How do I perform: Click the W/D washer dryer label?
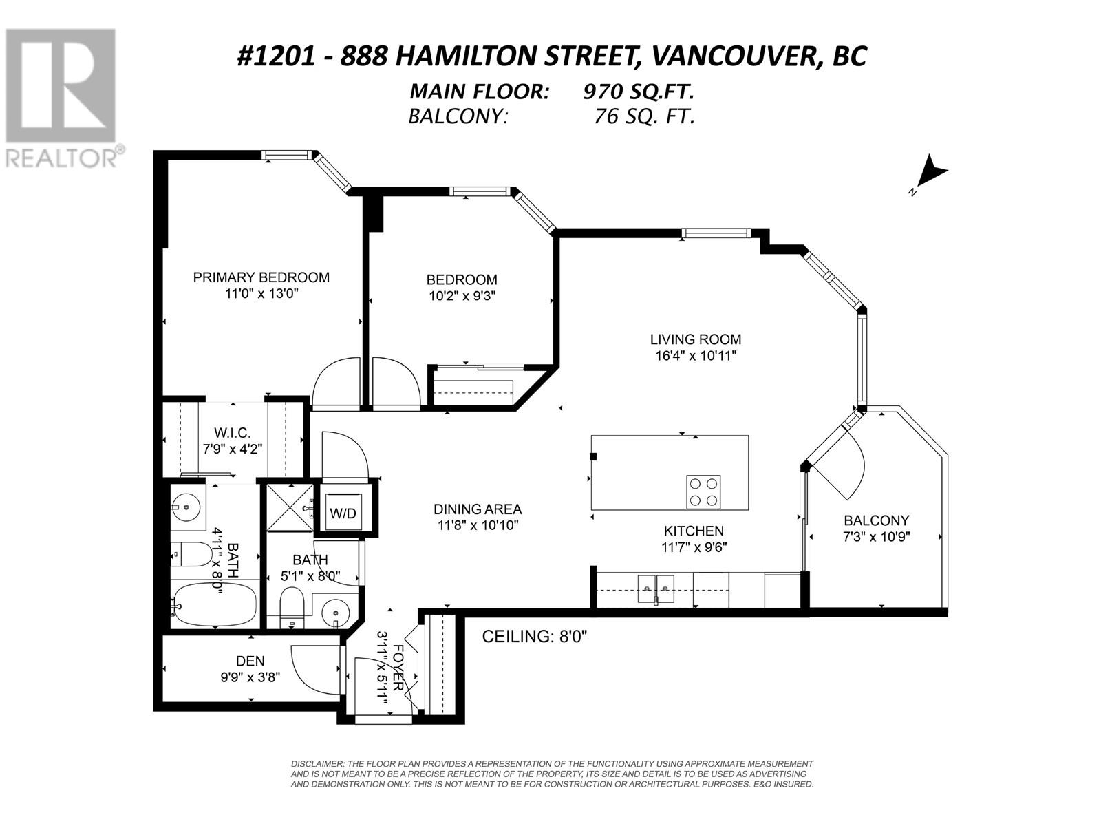[343, 513]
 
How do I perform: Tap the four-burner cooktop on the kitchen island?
[703, 492]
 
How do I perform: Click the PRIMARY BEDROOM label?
[261, 277]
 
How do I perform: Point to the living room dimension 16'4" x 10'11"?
[696, 356]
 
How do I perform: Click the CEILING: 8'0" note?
[534, 637]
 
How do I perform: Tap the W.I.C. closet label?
[232, 432]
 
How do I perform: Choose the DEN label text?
[250, 661]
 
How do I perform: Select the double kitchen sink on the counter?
[656, 589]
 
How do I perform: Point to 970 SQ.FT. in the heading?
[638, 92]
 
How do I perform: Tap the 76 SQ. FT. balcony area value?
[644, 116]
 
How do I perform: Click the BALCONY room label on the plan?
[876, 520]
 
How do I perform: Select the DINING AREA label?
[478, 509]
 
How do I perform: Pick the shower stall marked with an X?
[290, 507]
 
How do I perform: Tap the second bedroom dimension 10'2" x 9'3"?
[462, 296]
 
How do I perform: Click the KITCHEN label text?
[694, 531]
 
